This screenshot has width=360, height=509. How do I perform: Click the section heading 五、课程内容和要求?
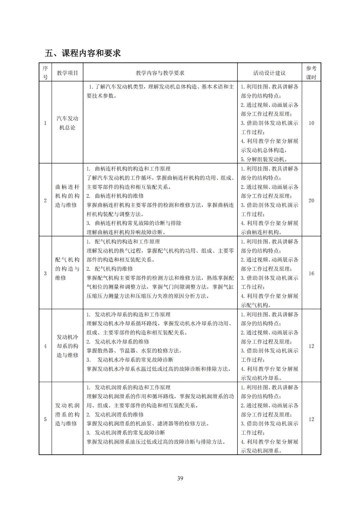click(x=83, y=53)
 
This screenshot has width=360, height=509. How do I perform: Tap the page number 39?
click(x=180, y=478)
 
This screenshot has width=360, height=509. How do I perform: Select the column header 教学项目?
click(x=67, y=73)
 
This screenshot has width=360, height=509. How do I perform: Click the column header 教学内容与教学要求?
click(x=160, y=73)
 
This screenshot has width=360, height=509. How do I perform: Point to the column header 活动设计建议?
click(x=269, y=73)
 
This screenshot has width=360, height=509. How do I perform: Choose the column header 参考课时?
click(x=311, y=73)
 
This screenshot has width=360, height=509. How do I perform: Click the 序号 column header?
click(x=45, y=73)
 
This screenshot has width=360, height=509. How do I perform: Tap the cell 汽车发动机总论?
click(x=67, y=123)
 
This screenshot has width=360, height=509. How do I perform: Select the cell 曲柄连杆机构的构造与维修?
click(x=67, y=196)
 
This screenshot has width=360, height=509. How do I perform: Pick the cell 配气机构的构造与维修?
click(x=67, y=269)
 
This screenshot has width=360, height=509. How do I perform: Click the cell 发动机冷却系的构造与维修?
click(x=67, y=346)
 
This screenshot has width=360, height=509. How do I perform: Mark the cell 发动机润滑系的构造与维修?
click(x=67, y=414)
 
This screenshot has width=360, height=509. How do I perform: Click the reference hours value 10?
click(x=311, y=123)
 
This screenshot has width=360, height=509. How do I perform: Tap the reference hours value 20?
click(x=311, y=200)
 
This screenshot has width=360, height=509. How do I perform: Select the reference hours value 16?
click(x=311, y=273)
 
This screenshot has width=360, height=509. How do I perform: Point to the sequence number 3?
click(x=45, y=273)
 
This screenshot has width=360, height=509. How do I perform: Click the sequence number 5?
click(x=45, y=419)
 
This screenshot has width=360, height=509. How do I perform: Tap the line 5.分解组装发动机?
click(x=264, y=159)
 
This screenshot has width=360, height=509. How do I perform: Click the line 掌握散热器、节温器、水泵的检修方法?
click(x=134, y=351)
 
